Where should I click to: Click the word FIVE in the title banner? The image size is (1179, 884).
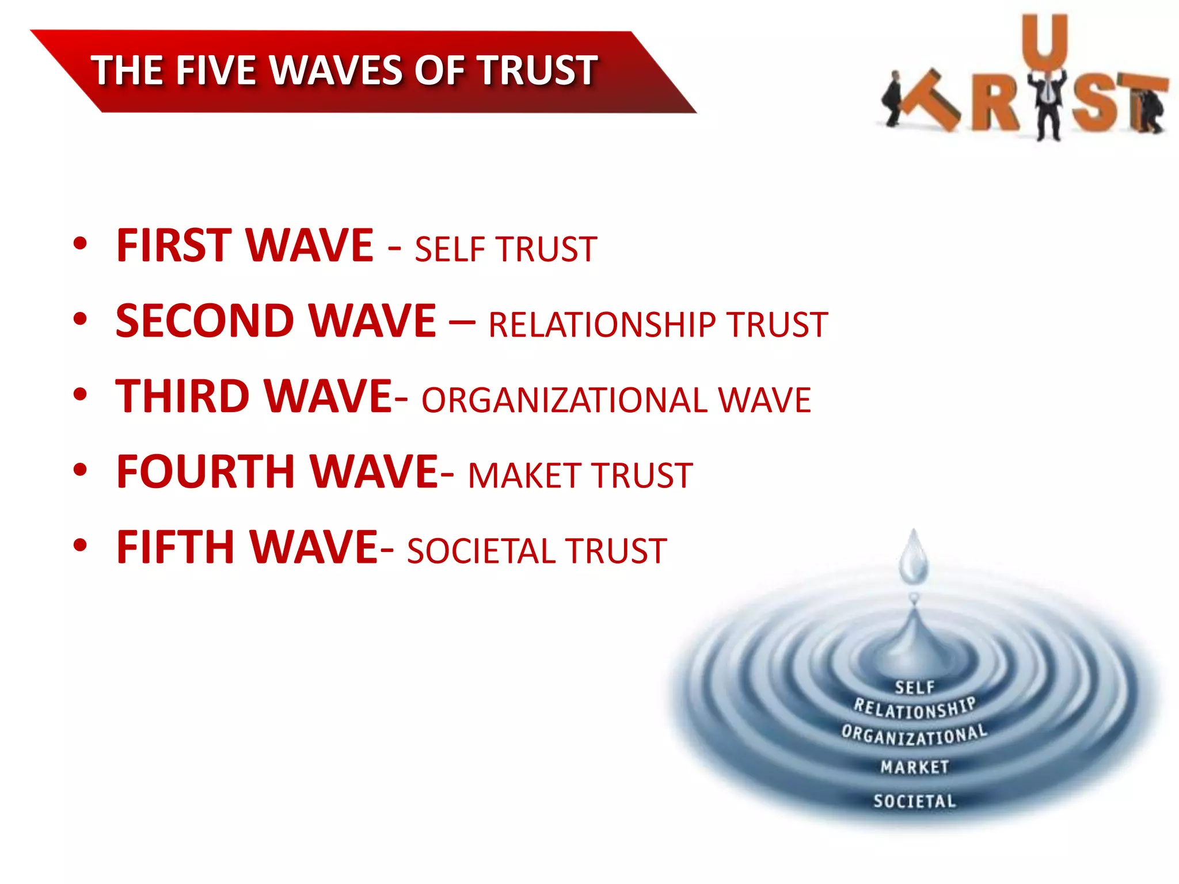coord(215,71)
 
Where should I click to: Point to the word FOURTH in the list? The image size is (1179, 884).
coord(206,471)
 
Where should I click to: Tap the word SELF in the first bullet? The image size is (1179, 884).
coord(447,250)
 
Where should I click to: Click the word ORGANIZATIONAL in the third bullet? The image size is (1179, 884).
coord(564,401)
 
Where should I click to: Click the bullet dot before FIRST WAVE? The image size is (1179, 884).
coord(80,243)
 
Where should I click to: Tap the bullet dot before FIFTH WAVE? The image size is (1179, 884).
coord(80,545)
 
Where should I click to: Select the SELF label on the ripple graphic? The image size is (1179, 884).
coord(915,687)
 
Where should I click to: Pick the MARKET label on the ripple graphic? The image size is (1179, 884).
coord(914,767)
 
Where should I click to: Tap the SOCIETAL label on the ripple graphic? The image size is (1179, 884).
coord(914,801)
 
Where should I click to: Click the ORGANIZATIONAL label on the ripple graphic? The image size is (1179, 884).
coord(914,735)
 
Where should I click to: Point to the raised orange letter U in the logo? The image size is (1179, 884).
coord(1045,40)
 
